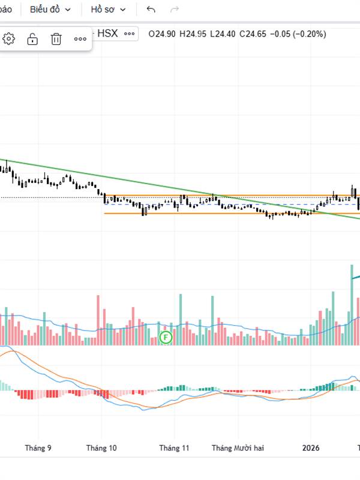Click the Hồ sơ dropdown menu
[x=108, y=10]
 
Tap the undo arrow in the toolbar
[x=151, y=10]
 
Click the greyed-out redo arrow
[x=175, y=10]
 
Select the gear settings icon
[x=9, y=39]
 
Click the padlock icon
[x=32, y=39]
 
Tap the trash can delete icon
[x=56, y=39]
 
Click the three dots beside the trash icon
[x=80, y=39]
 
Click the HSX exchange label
[x=107, y=34]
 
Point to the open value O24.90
[x=162, y=34]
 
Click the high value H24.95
[x=193, y=34]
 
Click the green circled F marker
[x=166, y=337]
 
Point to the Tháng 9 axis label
[x=38, y=448]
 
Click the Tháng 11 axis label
[x=174, y=448]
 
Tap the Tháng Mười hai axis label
[x=238, y=448]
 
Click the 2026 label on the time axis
[x=311, y=448]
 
